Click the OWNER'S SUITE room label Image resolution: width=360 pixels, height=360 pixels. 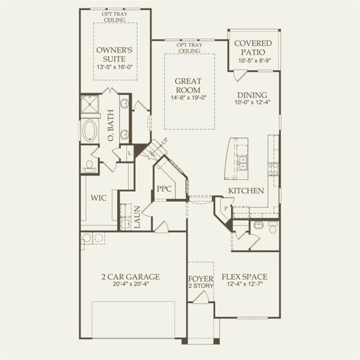[x=114, y=55]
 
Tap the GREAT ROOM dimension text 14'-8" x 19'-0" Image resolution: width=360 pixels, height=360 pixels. [x=188, y=97]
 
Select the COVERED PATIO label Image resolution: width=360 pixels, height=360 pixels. [x=253, y=47]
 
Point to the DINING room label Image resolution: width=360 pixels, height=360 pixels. [x=252, y=95]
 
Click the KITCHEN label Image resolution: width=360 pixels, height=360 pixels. [x=246, y=191]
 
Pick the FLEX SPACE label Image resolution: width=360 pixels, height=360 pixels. [x=244, y=277]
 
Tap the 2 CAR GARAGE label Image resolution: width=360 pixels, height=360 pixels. [x=130, y=277]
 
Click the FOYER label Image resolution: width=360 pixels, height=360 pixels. [x=201, y=279]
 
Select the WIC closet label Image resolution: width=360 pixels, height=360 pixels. [x=98, y=198]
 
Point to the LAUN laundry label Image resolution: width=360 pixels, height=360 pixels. [x=137, y=217]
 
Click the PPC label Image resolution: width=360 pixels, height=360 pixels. [x=164, y=189]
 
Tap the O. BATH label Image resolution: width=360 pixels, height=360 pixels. [x=111, y=125]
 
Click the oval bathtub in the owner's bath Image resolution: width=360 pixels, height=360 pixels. [x=89, y=130]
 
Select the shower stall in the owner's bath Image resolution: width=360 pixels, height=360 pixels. [x=90, y=104]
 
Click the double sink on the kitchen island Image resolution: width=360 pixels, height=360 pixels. [x=242, y=163]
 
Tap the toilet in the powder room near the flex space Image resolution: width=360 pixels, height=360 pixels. [x=273, y=228]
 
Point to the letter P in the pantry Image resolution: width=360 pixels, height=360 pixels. [x=226, y=209]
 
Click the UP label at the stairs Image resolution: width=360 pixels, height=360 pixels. [x=164, y=141]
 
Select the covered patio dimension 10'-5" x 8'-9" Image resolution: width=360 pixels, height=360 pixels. [x=255, y=61]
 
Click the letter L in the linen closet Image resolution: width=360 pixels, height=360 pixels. [x=130, y=153]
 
